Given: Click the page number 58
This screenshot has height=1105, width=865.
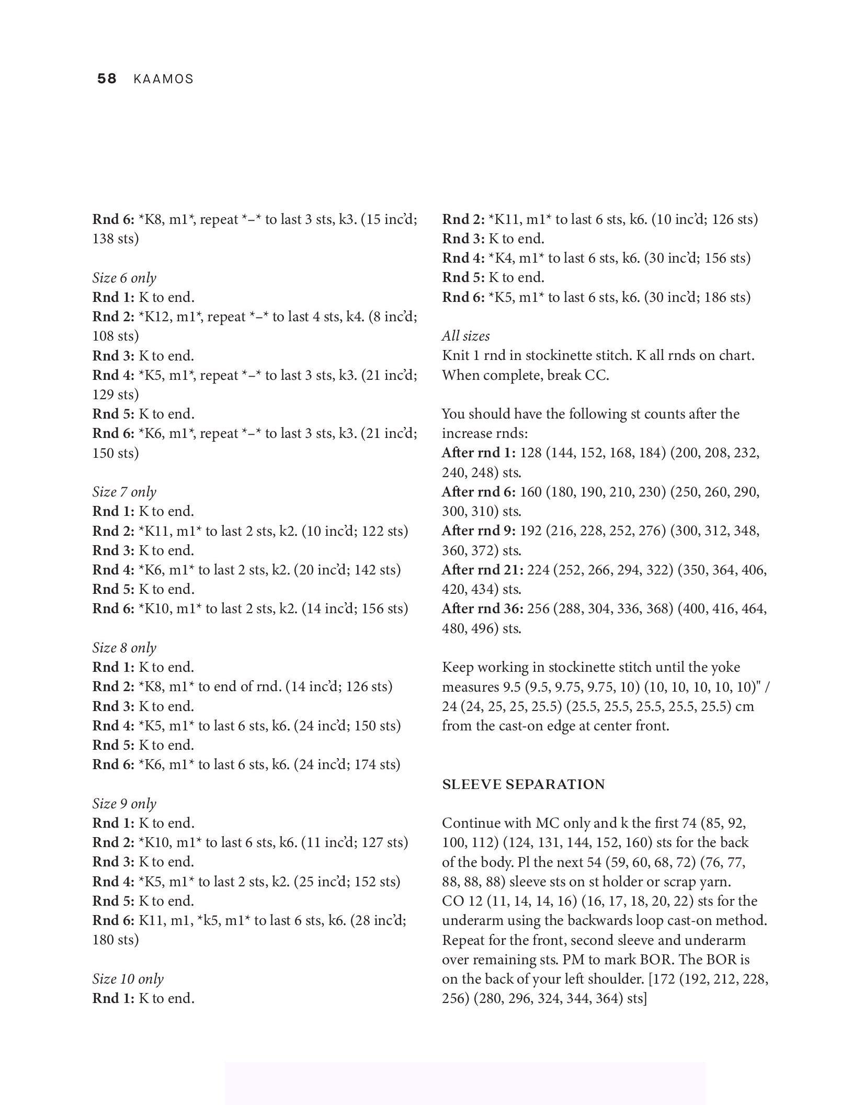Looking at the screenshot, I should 107,79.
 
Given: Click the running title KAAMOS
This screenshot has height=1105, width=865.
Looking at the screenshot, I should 163,80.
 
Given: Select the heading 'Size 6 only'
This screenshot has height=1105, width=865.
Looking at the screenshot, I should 124,278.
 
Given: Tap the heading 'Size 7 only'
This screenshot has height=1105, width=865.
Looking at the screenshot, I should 124,492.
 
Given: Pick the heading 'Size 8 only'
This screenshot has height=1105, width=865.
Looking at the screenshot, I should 124,648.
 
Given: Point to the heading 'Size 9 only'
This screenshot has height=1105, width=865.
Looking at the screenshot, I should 124,804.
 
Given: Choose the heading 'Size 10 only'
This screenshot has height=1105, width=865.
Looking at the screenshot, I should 128,979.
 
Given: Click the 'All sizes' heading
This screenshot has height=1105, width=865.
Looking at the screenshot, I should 466,336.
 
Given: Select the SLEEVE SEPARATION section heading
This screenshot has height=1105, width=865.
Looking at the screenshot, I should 523,784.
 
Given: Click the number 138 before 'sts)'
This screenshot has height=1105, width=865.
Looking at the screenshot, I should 104,239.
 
